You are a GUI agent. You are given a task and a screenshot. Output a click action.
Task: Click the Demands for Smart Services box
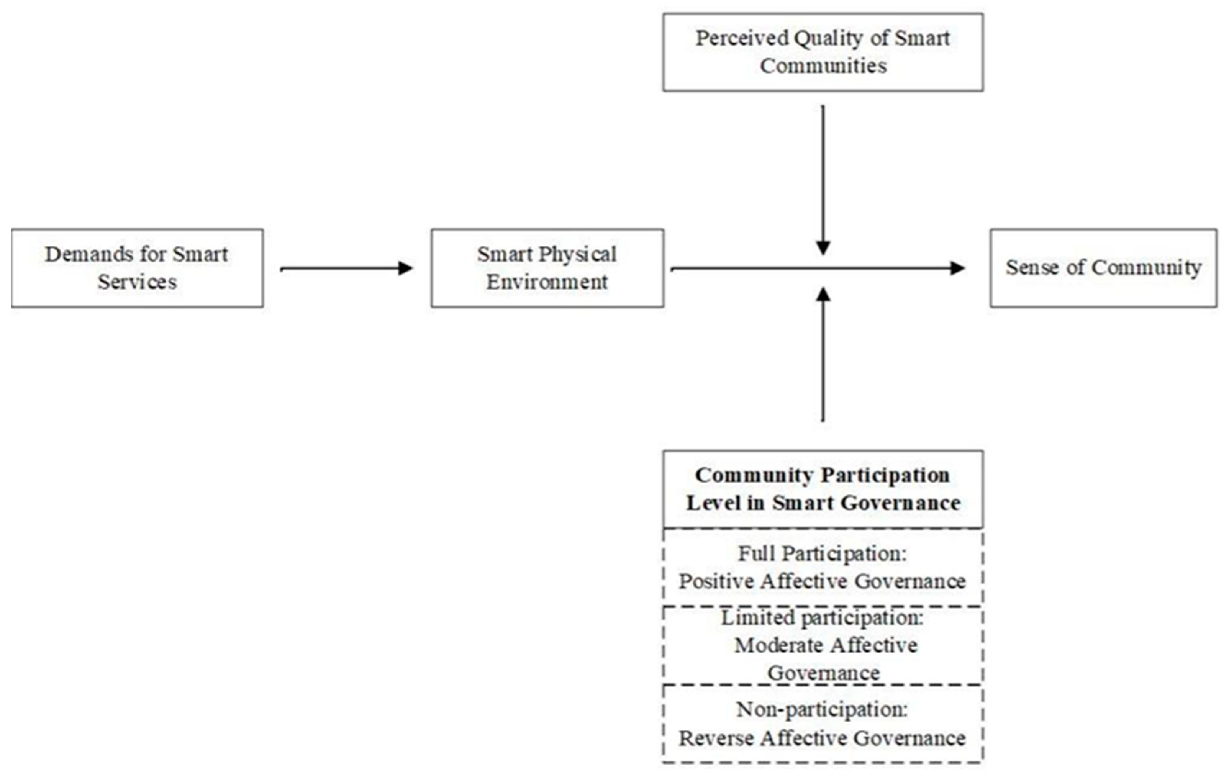tap(137, 268)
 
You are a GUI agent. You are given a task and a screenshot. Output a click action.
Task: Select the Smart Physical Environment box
tap(547, 268)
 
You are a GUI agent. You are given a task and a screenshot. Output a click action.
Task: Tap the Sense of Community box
tap(1103, 268)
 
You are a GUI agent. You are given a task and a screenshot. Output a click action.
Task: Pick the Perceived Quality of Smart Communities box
tap(823, 52)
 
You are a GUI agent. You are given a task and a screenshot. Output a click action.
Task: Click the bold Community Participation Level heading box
tap(823, 489)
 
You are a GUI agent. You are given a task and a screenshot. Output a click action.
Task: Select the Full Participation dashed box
tap(823, 567)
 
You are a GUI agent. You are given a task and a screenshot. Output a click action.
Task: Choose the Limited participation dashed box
tap(823, 645)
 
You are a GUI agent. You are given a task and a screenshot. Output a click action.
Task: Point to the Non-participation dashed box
tap(823, 724)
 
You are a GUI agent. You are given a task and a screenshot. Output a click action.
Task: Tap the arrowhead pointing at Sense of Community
tap(957, 268)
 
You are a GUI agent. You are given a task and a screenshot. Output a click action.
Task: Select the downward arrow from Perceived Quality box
tap(823, 178)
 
